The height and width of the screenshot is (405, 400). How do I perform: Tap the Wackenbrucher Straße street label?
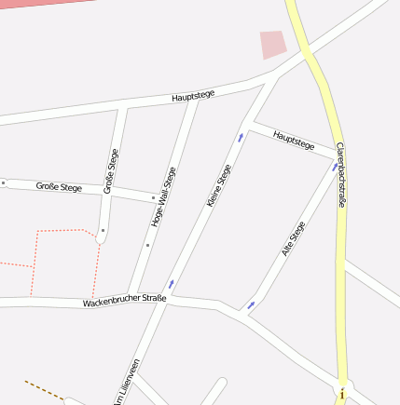tap(124, 301)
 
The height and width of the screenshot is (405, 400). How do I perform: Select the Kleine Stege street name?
tap(218, 185)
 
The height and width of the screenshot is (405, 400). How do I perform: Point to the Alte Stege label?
tap(293, 238)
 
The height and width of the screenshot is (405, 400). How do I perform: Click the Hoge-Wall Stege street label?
tap(163, 196)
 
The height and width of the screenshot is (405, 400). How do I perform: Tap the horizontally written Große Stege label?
tap(59, 187)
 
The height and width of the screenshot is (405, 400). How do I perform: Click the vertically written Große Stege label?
tap(112, 170)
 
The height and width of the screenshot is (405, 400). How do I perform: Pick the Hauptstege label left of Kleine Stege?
tap(193, 96)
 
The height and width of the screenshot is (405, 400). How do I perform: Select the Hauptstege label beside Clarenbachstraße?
tap(294, 141)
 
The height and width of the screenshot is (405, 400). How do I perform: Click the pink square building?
tap(272, 44)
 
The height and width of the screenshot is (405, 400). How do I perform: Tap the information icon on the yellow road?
tap(342, 395)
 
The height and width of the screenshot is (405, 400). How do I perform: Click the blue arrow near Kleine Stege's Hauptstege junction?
tap(241, 138)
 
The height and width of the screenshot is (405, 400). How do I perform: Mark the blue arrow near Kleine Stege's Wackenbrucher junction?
tap(171, 283)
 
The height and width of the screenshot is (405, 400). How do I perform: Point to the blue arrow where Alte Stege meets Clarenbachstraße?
tap(334, 167)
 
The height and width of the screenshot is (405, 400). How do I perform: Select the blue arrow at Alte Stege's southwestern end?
tap(251, 304)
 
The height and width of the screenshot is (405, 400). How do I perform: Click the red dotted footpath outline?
tap(65, 231)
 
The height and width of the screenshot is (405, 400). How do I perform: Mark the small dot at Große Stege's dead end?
tap(103, 229)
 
